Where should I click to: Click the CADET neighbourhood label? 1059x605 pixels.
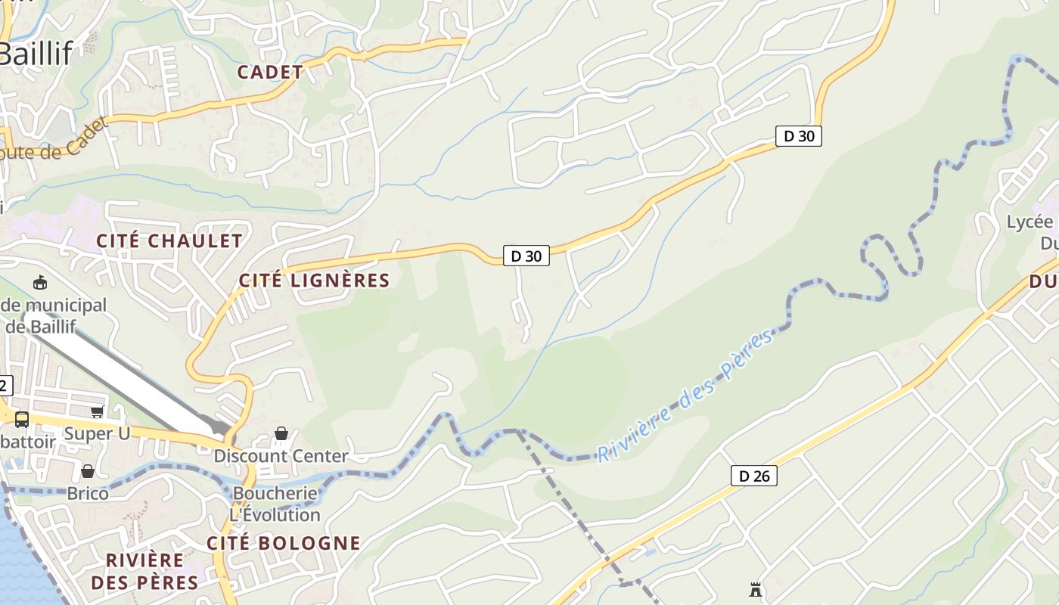click(x=270, y=73)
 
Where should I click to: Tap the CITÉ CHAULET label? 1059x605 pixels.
click(x=169, y=241)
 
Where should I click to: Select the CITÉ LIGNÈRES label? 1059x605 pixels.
click(x=314, y=281)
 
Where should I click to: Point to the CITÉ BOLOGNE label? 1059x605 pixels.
click(x=284, y=543)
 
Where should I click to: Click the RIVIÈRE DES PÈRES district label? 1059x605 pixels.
click(x=144, y=571)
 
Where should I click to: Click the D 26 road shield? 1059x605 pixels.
click(x=754, y=476)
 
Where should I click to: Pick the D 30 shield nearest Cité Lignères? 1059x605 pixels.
click(x=526, y=256)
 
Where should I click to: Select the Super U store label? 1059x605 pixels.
click(x=97, y=433)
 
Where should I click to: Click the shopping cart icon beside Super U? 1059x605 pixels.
click(x=97, y=412)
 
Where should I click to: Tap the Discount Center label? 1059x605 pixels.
click(x=281, y=456)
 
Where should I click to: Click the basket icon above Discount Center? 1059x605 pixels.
click(x=281, y=433)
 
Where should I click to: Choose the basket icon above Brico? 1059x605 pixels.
click(x=88, y=471)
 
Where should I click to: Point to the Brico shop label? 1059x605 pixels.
click(x=88, y=494)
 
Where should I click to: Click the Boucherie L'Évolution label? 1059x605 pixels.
click(x=276, y=504)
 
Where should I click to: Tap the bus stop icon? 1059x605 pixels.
click(x=22, y=419)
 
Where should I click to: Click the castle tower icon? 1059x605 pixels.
click(x=755, y=588)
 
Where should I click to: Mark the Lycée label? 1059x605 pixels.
click(x=1029, y=222)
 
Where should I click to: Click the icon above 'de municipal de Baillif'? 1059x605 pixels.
click(x=40, y=283)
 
